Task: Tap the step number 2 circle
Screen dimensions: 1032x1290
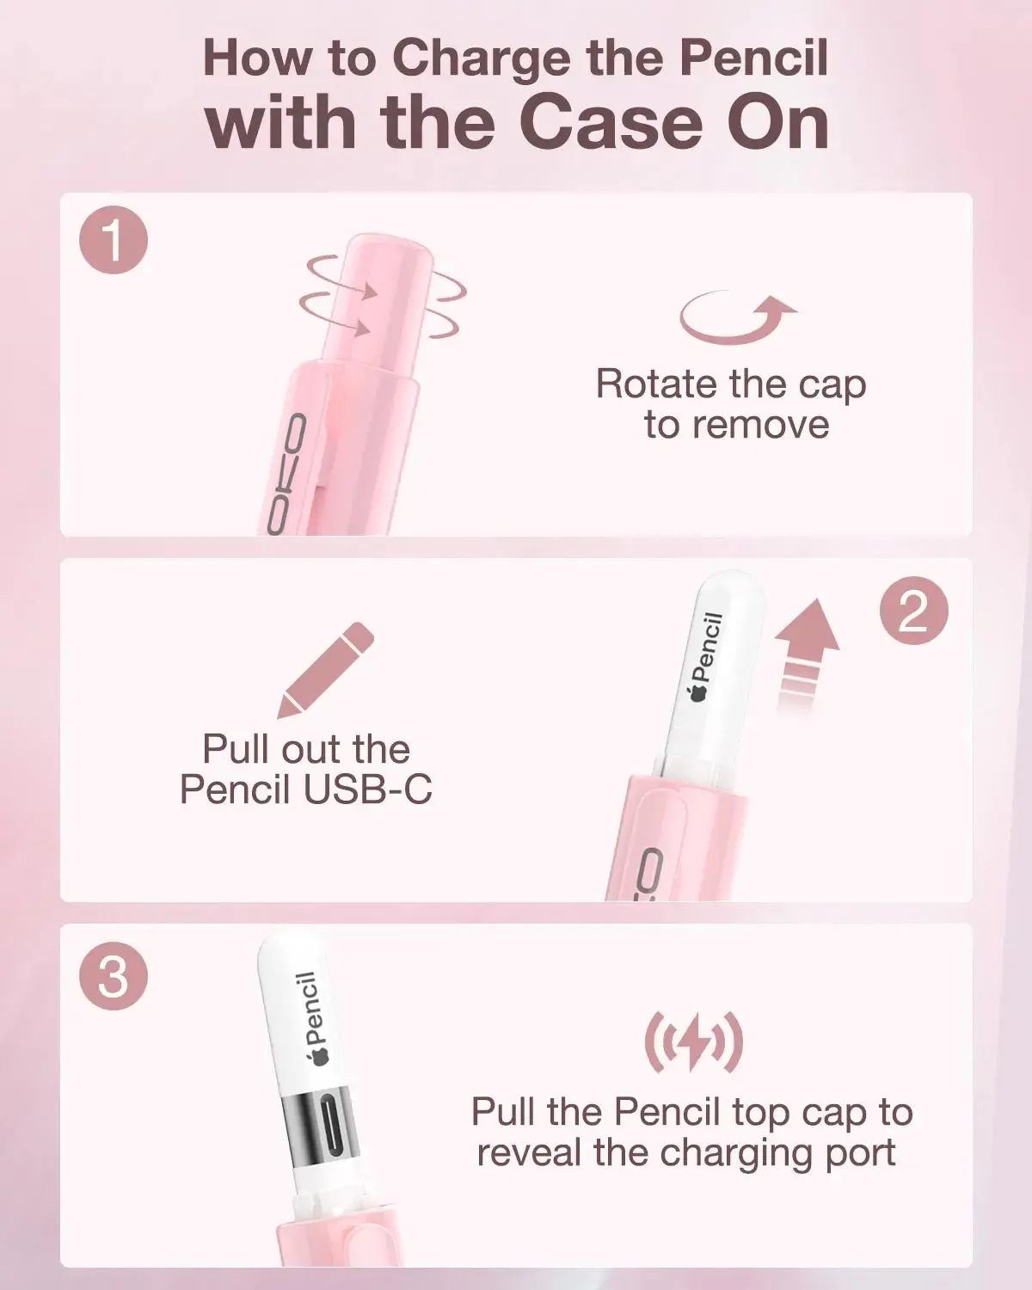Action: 914,611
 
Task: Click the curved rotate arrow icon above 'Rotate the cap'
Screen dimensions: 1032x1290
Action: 736,317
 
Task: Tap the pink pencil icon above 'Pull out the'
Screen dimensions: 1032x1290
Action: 326,670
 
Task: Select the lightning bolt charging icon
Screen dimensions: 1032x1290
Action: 694,1041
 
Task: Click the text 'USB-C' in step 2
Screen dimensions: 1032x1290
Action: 367,789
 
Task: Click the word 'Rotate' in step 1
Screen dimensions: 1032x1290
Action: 659,384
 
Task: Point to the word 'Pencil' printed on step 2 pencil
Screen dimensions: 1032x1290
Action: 710,648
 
